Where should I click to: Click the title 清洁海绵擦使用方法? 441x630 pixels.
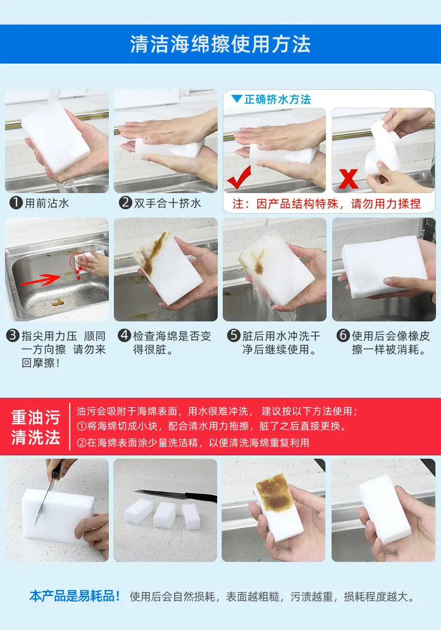tap(220, 44)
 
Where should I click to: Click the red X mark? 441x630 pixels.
tap(348, 179)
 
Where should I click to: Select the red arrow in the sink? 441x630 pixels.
tap(41, 280)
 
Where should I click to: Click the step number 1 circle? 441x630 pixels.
tap(16, 203)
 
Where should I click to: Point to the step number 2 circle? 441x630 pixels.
tap(126, 203)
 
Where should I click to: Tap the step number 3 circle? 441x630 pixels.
tap(13, 335)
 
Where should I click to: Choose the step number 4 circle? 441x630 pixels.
tap(124, 335)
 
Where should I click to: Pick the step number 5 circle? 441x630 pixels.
tap(233, 335)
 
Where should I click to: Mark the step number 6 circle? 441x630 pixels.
tap(343, 335)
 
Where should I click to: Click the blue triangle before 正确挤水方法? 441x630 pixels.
tap(237, 99)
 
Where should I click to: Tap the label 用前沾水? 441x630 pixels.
tap(47, 203)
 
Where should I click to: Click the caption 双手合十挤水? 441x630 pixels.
tap(167, 203)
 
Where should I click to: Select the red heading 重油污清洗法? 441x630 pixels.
tap(36, 427)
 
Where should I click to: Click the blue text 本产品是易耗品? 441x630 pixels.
tap(75, 597)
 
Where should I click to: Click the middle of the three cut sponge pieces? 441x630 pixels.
tap(165, 514)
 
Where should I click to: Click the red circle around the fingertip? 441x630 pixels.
tap(79, 262)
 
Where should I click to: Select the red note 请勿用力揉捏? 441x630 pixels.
tap(386, 204)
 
